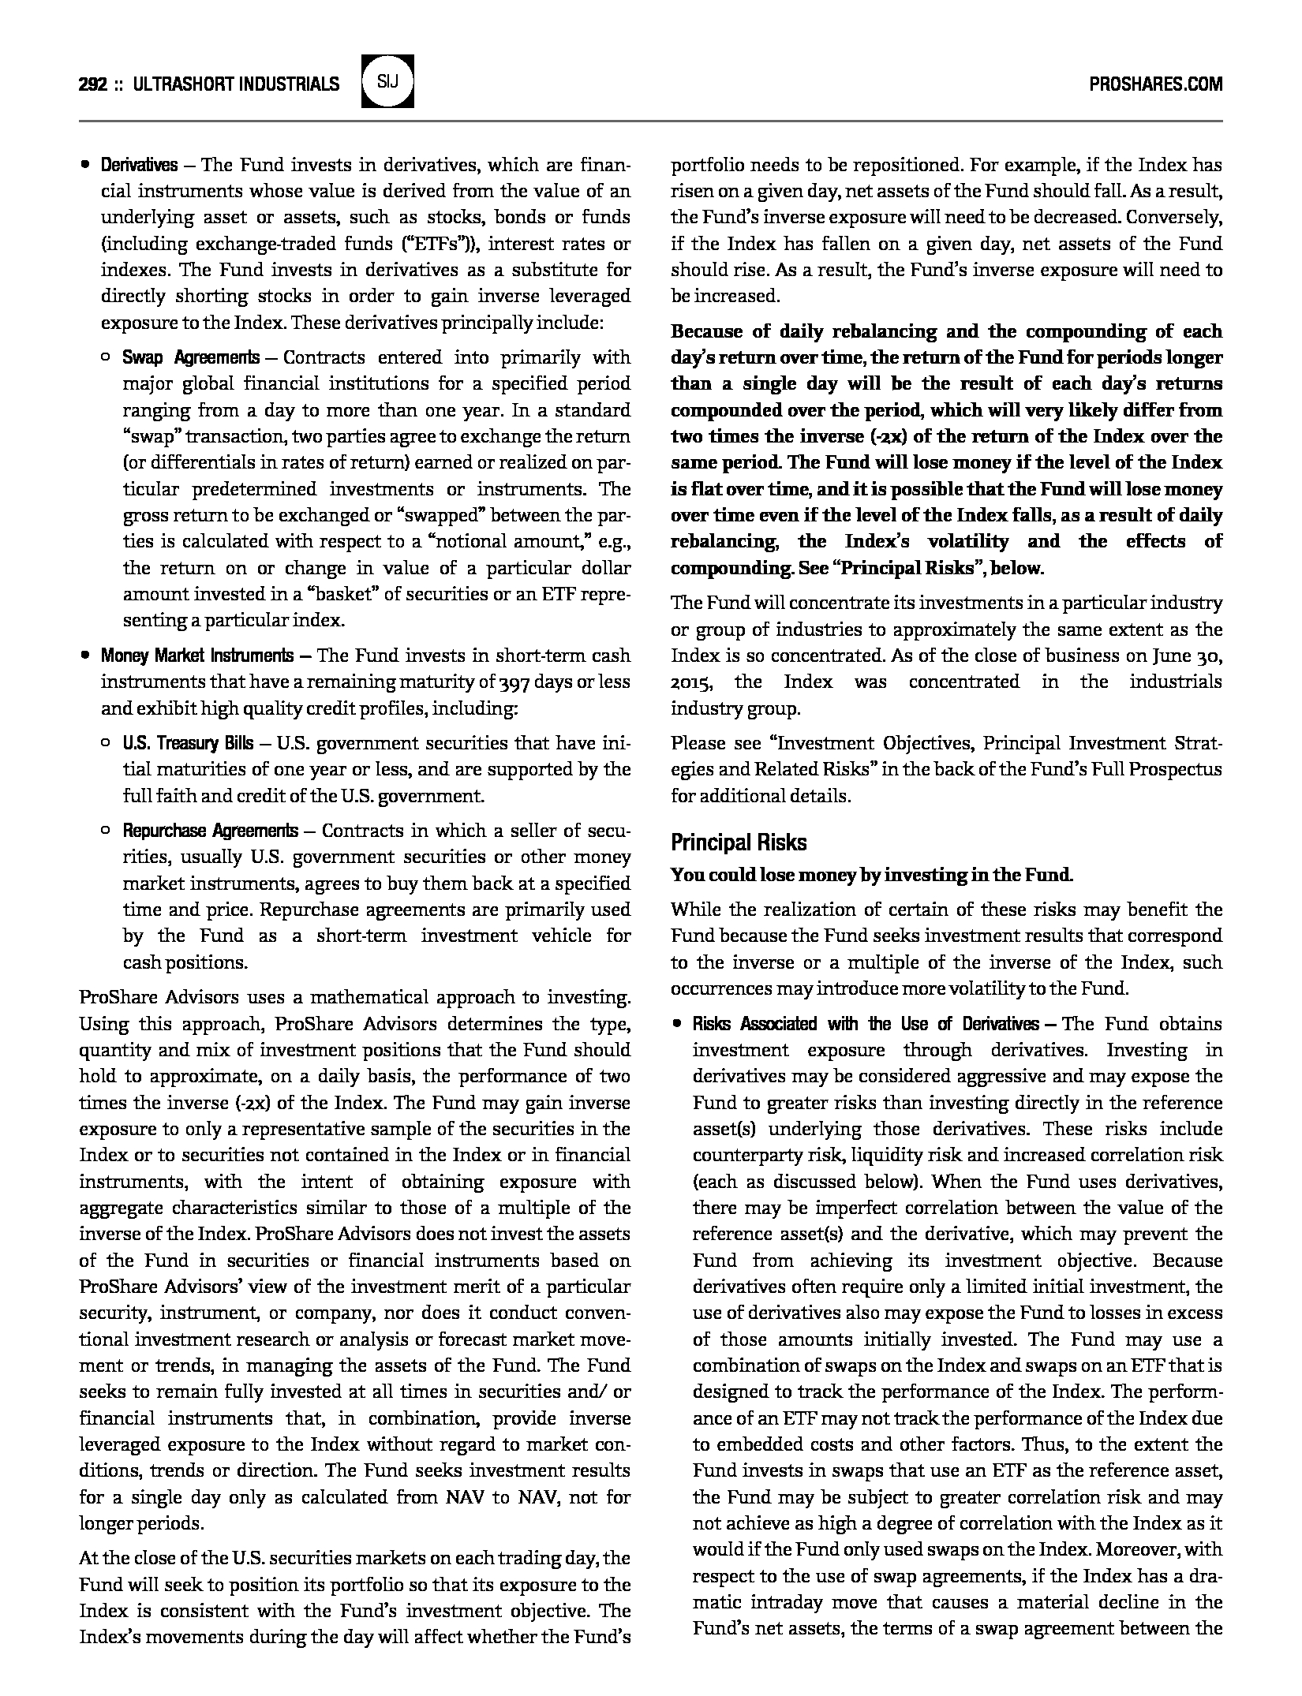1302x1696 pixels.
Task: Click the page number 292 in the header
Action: coord(93,84)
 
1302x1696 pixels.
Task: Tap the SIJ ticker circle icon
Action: coord(387,81)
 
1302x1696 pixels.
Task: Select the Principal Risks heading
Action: coord(739,843)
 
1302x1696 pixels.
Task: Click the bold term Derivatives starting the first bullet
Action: coord(139,166)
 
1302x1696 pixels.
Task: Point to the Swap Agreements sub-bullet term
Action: coord(190,358)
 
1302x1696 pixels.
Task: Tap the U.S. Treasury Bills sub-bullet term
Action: coord(188,743)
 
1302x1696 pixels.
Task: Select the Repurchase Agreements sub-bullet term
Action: coord(210,831)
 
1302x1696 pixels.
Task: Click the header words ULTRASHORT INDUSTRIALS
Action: coord(237,84)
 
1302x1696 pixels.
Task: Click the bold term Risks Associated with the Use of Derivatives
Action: coord(865,1024)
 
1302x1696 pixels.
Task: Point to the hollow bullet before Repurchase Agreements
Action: coord(106,831)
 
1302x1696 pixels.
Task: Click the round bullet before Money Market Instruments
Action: coord(84,656)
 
